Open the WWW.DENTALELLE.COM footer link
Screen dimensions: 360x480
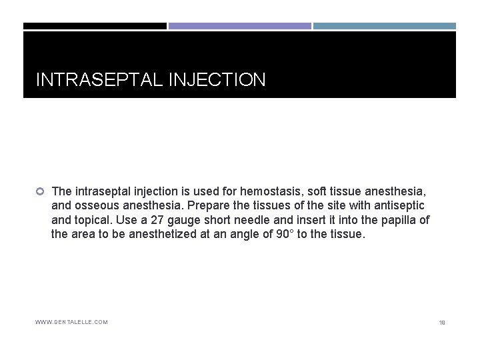tap(71, 322)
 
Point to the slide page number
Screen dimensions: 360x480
tap(441, 323)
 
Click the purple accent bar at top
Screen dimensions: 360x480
tap(239, 26)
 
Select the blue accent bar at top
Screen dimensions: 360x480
tap(385, 26)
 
